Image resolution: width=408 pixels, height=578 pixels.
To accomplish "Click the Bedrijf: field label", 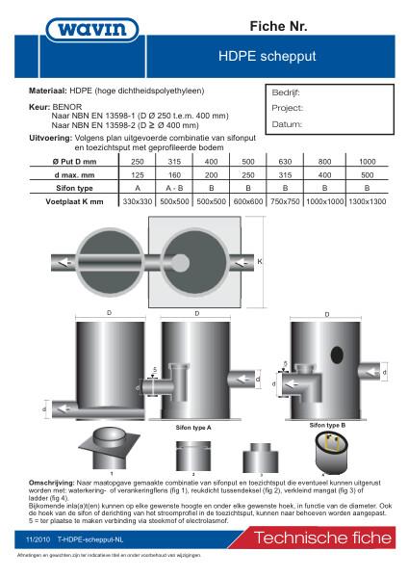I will point(287,94).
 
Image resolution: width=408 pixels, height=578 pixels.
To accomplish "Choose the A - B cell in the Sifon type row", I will point(176,189).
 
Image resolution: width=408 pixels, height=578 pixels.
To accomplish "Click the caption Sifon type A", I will point(193,425).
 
